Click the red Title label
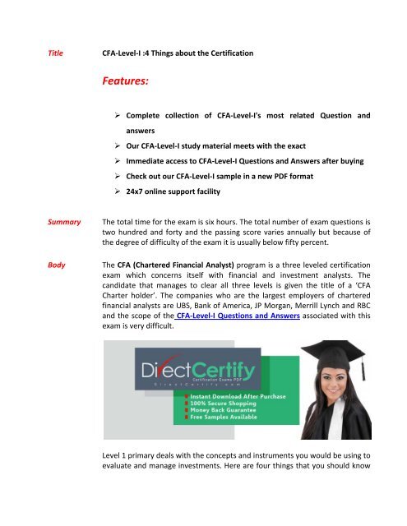click(60, 52)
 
